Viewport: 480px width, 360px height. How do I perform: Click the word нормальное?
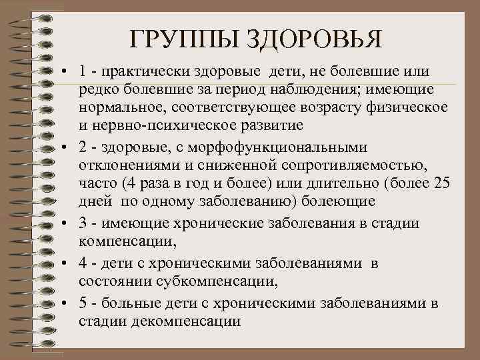[x=121, y=107]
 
